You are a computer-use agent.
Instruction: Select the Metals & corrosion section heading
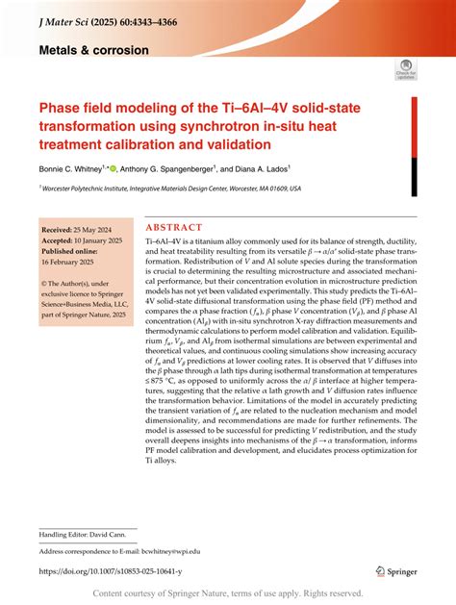click(94, 48)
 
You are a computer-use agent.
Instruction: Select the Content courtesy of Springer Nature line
click(227, 593)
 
